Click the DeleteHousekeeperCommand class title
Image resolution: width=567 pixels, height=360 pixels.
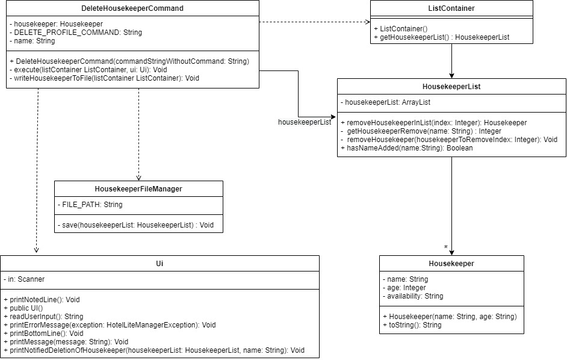[x=132, y=8]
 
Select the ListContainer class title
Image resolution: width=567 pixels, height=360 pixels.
[x=451, y=8]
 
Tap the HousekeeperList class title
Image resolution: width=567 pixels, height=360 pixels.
[x=451, y=87]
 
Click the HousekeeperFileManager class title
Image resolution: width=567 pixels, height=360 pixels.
[x=138, y=189]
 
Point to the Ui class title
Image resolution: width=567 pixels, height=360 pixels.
[x=160, y=264]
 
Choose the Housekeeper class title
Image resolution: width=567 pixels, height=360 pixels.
[x=451, y=264]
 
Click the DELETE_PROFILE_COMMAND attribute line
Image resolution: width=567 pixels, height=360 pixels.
[x=76, y=32]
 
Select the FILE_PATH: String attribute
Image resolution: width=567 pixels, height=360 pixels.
[x=90, y=205]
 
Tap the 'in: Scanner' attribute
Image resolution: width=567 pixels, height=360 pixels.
[x=24, y=279]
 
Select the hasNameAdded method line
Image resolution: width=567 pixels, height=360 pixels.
[x=406, y=147]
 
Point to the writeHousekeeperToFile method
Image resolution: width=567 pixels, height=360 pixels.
[x=105, y=78]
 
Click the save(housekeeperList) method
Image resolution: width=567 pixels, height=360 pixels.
[x=135, y=225]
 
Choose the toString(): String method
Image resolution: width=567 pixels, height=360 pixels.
[x=412, y=324]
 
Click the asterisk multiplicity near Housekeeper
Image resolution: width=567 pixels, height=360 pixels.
[x=446, y=247]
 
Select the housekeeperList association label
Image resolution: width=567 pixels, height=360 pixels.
[x=305, y=122]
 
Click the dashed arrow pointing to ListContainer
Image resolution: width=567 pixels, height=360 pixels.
[x=315, y=22]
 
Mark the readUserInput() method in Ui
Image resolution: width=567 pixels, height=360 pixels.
[x=43, y=316]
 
